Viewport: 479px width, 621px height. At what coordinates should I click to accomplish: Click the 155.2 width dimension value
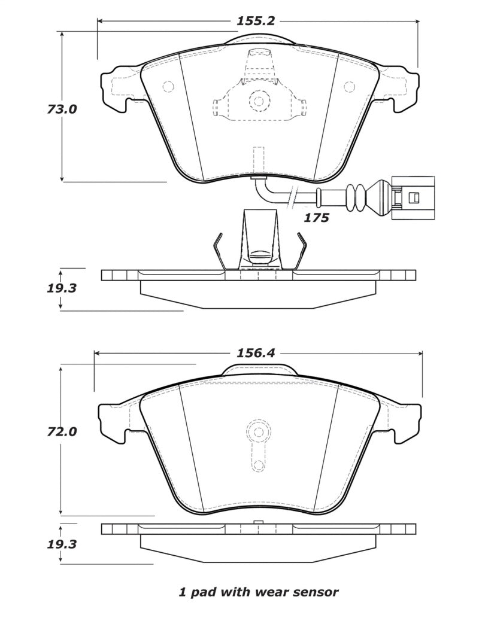[256, 20]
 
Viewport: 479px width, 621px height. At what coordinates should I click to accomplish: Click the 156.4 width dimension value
[256, 353]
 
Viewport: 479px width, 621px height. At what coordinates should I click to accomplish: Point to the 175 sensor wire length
[316, 218]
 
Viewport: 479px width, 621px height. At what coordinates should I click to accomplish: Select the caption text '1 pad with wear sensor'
[259, 592]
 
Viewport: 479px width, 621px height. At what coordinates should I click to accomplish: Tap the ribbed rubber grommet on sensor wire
[355, 196]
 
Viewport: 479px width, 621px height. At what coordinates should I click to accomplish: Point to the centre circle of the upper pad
[258, 101]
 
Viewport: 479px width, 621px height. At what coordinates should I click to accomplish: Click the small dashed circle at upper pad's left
[168, 87]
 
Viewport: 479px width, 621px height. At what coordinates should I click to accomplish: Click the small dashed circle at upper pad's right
[349, 87]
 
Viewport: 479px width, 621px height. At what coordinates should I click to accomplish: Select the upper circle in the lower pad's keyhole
[258, 431]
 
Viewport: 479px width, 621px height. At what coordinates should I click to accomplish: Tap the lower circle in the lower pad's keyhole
[258, 466]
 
